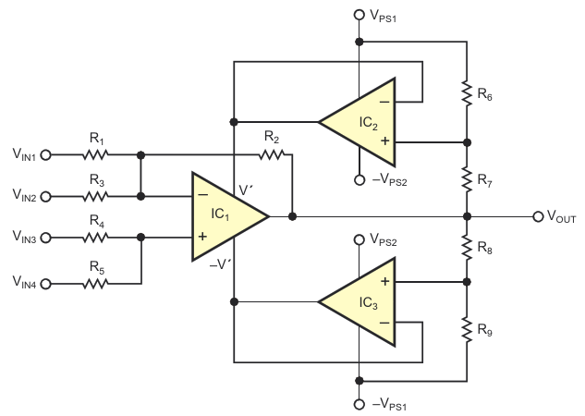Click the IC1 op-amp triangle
pos(222,216)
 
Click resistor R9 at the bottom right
pos(466,329)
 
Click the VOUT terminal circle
pos(538,216)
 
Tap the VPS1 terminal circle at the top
pos(359,16)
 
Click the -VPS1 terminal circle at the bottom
pos(359,404)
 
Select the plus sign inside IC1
pos(201,237)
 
